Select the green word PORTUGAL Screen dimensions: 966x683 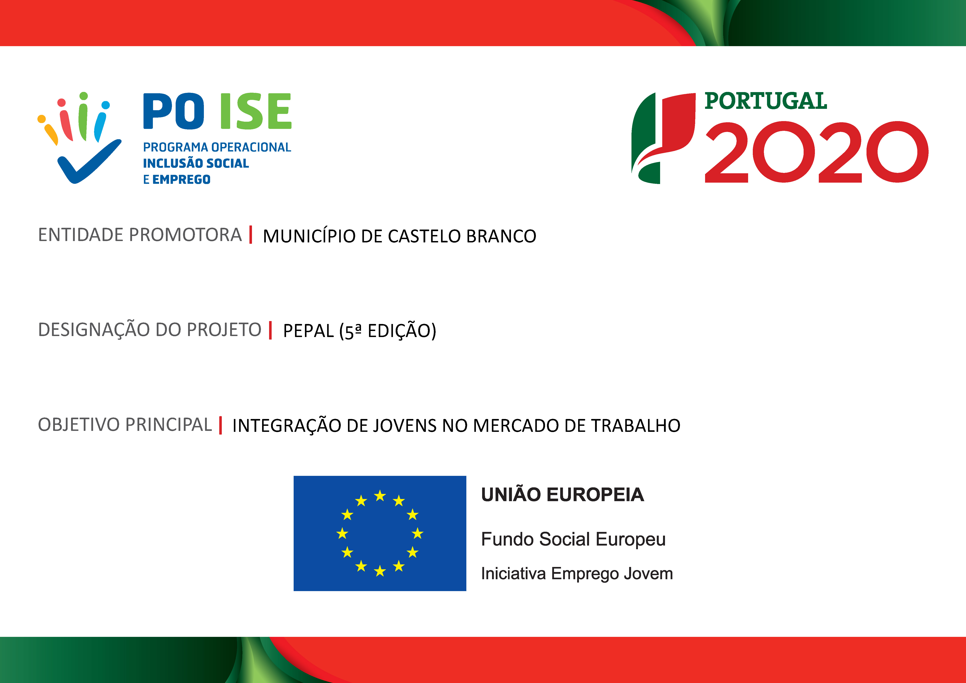point(766,101)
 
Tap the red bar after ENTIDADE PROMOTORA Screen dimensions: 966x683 point(251,235)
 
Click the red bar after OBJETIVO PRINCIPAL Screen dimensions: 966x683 point(220,425)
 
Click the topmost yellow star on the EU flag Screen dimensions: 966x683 point(380,496)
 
